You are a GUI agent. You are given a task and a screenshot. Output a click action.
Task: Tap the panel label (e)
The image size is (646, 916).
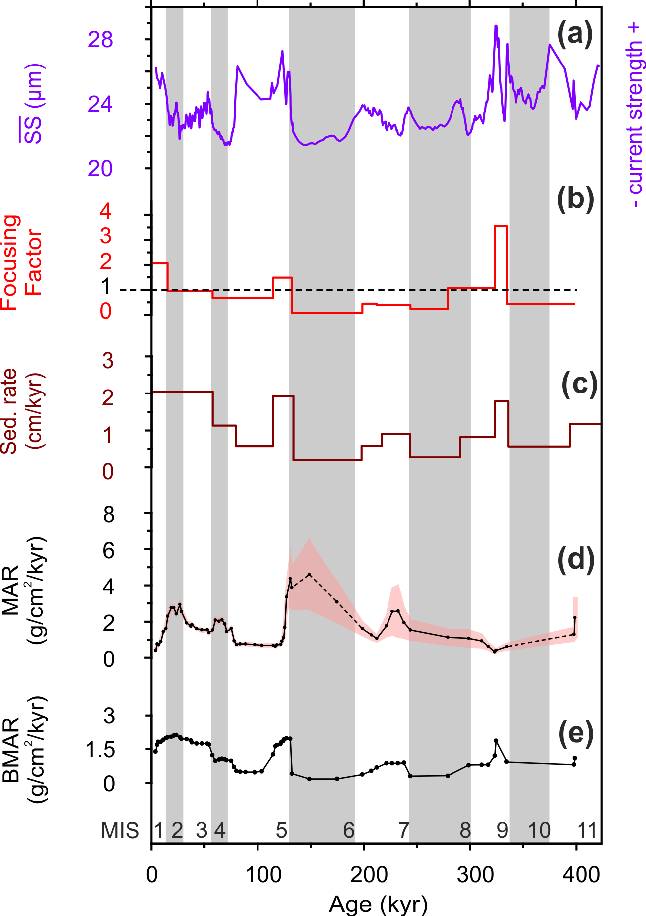click(x=576, y=735)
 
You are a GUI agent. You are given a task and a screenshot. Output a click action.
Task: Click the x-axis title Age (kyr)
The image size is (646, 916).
click(x=378, y=904)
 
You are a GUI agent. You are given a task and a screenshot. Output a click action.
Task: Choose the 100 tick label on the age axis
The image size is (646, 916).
click(x=257, y=874)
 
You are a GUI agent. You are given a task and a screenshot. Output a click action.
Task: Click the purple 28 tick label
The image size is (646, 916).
click(x=101, y=40)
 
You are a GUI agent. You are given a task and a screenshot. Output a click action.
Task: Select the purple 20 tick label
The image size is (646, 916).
click(x=101, y=169)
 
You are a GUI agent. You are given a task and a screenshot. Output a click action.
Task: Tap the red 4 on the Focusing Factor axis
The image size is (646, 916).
click(x=106, y=212)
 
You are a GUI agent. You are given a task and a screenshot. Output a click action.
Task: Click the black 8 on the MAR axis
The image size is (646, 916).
click(x=109, y=515)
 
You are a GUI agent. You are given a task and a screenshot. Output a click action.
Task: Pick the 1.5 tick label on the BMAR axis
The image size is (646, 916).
click(x=100, y=750)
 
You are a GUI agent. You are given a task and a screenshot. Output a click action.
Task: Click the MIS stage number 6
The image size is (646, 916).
click(x=349, y=830)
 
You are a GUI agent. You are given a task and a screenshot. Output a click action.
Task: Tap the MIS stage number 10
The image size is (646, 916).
click(x=539, y=830)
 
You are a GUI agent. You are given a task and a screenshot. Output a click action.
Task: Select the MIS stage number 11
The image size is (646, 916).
click(x=587, y=830)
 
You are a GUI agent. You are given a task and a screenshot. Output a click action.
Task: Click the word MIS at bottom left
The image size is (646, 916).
click(x=120, y=830)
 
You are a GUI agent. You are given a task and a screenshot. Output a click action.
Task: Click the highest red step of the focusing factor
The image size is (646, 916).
click(x=500, y=226)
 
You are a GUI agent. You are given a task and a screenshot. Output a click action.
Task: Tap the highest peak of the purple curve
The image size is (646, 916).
click(x=496, y=26)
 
